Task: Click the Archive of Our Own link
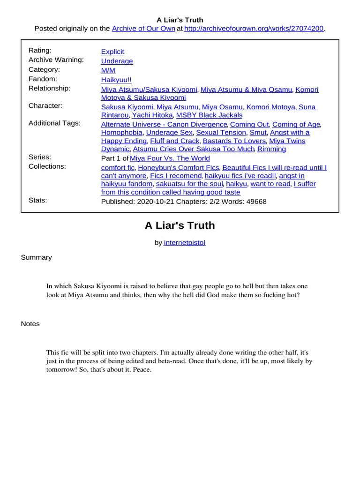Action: coord(143,29)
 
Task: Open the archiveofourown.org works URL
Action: coord(254,29)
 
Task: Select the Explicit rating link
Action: coord(112,52)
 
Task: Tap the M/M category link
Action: coord(108,70)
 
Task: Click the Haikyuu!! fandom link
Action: coord(116,80)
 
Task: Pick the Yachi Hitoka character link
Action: coord(153,115)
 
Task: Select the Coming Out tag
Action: coord(249,124)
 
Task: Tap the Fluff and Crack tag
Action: coord(175,141)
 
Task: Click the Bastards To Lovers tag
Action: coord(234,141)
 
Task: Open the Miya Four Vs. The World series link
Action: coord(170,158)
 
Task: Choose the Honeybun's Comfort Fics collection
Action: coord(179,167)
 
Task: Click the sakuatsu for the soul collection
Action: coord(189,184)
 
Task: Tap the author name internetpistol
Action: coord(185,242)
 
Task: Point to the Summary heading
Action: coord(37,257)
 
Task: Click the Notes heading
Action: coord(30,324)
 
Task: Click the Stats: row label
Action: coord(38,200)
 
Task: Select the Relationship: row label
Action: coord(49,88)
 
